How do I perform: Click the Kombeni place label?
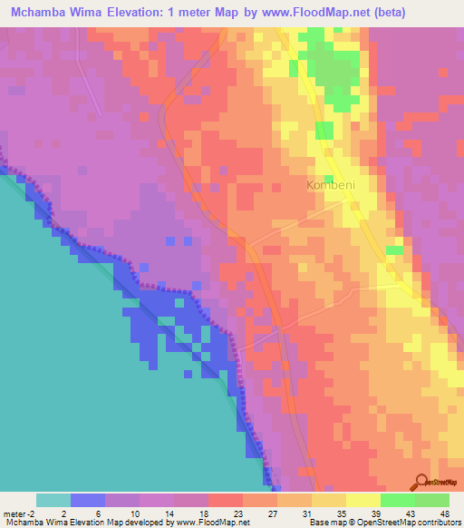(x=332, y=185)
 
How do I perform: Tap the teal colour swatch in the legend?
(x=53, y=500)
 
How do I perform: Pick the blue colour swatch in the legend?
(x=88, y=500)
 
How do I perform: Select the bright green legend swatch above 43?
(x=398, y=500)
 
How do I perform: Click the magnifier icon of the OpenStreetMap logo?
(x=420, y=484)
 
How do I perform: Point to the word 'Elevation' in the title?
(x=170, y=12)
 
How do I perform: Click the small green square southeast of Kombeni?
(x=394, y=249)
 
